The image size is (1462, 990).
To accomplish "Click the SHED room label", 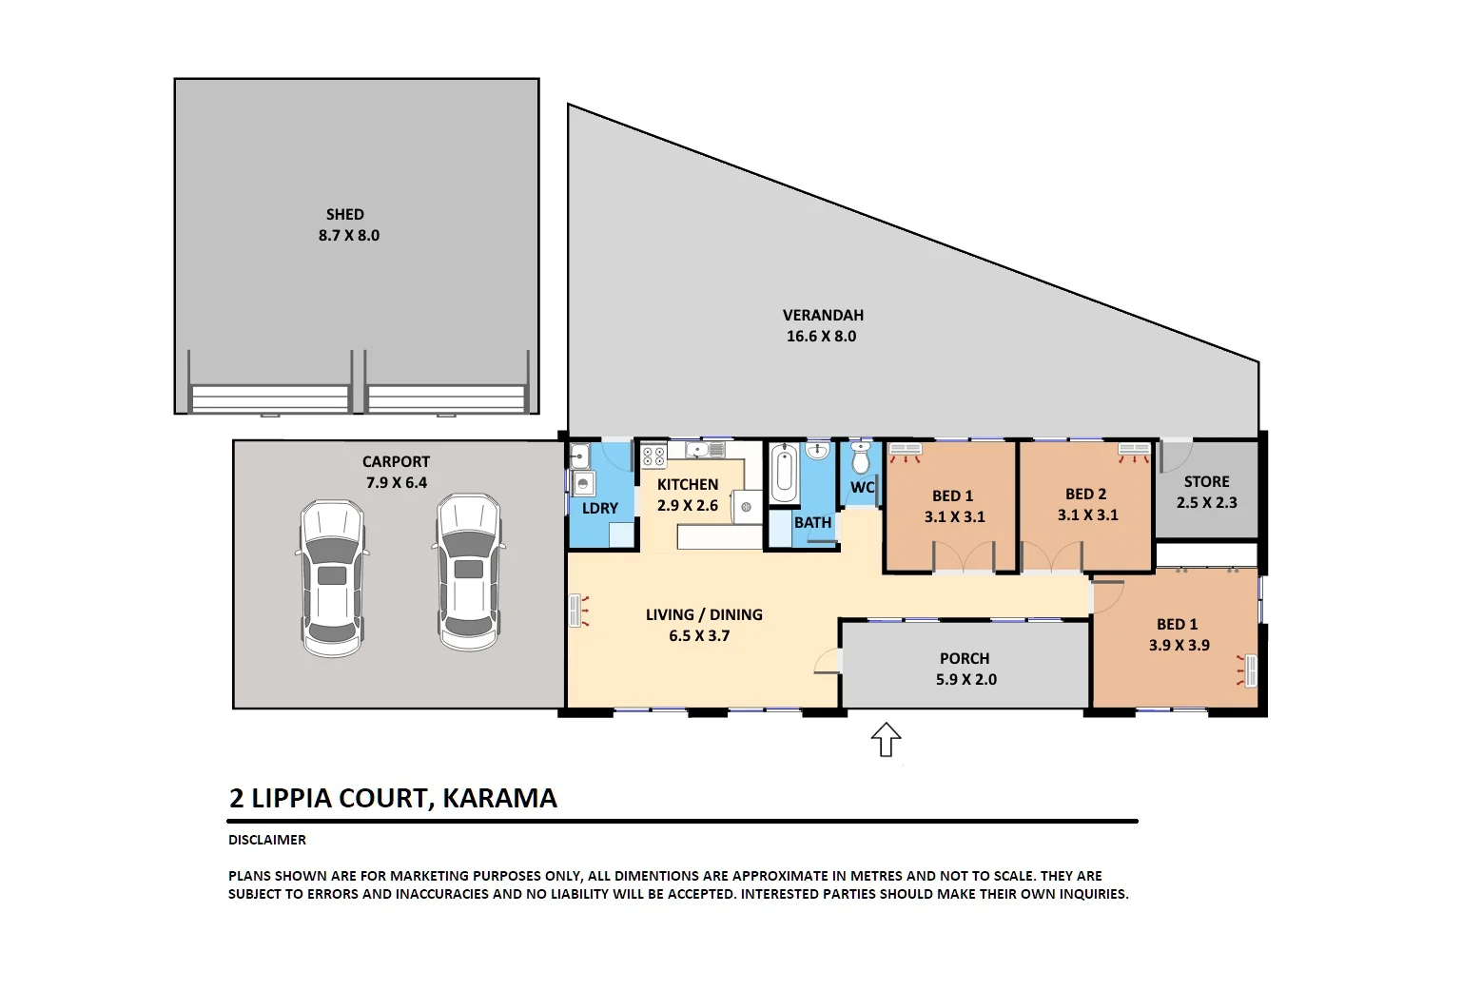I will click(x=344, y=215).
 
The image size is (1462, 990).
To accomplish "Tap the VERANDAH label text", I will click(x=823, y=315).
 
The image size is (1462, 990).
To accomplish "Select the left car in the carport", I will click(x=332, y=578).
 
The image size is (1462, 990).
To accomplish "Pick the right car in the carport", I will click(x=468, y=572).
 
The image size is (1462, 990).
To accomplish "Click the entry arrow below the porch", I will click(x=887, y=739).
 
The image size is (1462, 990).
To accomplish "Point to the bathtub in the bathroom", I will click(x=784, y=475).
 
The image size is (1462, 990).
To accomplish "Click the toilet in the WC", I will click(x=861, y=458).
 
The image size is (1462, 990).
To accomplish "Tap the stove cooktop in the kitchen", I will click(x=653, y=456).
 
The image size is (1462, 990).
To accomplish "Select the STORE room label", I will click(x=1206, y=482).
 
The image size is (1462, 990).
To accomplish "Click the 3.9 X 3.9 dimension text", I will click(x=1179, y=645).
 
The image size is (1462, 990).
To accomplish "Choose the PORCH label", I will click(x=965, y=658).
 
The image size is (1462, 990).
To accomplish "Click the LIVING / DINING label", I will click(x=704, y=614).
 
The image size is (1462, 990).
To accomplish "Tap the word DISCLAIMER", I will click(x=267, y=840).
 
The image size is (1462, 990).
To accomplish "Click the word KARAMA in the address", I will click(x=499, y=798).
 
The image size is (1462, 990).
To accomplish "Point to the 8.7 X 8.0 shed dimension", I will click(x=348, y=235).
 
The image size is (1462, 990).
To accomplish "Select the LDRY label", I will click(x=600, y=508).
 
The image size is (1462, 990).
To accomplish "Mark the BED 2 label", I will click(x=1085, y=495).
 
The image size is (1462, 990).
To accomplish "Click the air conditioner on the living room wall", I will click(x=575, y=611).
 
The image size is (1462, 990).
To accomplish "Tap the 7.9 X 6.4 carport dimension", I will click(x=396, y=482).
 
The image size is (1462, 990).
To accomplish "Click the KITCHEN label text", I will click(x=687, y=484).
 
